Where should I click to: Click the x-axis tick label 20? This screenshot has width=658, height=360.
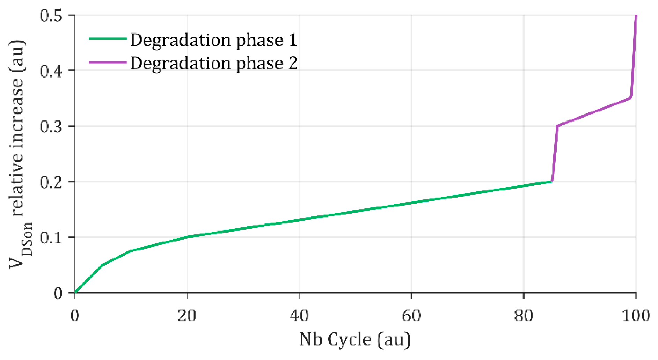point(187,316)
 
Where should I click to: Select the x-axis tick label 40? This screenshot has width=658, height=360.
point(299,316)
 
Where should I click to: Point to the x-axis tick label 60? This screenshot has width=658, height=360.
point(411,316)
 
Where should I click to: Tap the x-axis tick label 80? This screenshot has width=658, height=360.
point(524,316)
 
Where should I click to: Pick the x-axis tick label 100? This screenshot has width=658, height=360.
point(636,316)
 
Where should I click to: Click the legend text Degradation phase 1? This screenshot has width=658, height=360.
point(214,40)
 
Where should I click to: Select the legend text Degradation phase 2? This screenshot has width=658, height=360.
point(214,64)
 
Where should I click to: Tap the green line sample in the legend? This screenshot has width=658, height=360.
point(108,38)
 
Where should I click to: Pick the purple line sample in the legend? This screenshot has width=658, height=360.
point(108,63)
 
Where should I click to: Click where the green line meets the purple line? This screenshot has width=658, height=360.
point(552,182)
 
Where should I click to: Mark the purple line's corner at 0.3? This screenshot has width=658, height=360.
point(557,126)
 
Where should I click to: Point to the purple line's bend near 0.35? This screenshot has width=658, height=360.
point(630,98)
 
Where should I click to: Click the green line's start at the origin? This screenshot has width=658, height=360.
point(75,292)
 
